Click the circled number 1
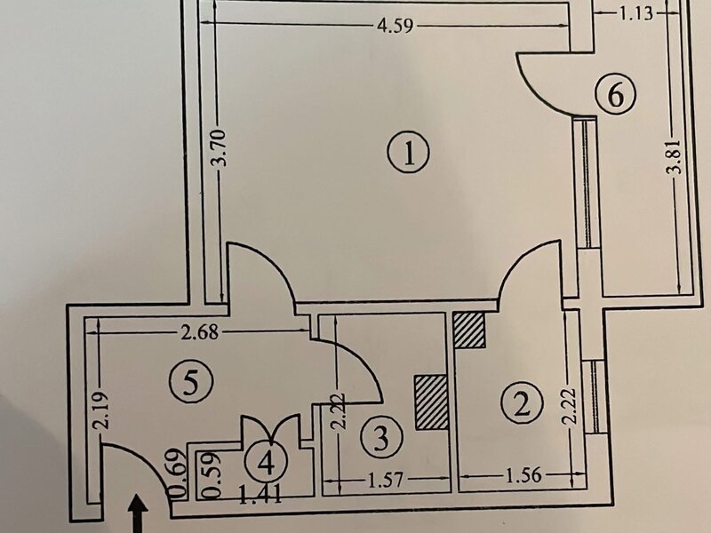click(409, 153)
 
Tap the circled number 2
click(522, 403)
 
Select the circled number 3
click(382, 437)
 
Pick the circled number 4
click(266, 462)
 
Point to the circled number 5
click(191, 382)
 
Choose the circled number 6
click(615, 95)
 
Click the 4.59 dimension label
click(395, 26)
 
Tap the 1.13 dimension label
click(636, 13)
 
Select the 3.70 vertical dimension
click(220, 147)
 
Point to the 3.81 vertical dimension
click(675, 156)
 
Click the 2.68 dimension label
click(199, 333)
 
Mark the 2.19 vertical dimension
click(100, 410)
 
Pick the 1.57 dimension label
click(385, 480)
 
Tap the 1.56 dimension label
click(523, 475)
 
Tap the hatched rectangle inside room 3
click(431, 402)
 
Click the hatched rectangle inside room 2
click(469, 330)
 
